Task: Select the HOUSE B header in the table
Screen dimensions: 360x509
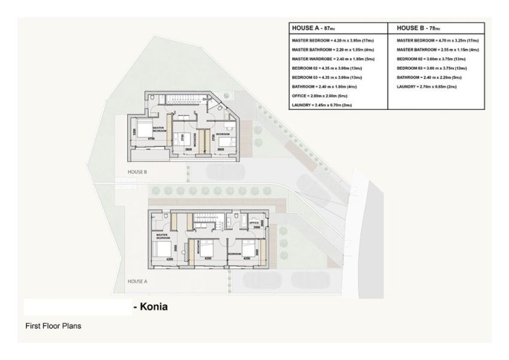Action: (x=418, y=28)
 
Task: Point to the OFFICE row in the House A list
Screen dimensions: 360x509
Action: (x=320, y=96)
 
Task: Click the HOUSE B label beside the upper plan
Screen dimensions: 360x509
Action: (x=137, y=172)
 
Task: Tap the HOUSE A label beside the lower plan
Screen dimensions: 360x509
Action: (x=137, y=281)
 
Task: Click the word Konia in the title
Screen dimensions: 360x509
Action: (x=153, y=307)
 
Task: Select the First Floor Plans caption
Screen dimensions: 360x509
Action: (x=53, y=326)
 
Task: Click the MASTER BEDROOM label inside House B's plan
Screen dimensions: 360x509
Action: (x=159, y=128)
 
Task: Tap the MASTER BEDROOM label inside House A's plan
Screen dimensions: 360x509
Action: (x=163, y=237)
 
